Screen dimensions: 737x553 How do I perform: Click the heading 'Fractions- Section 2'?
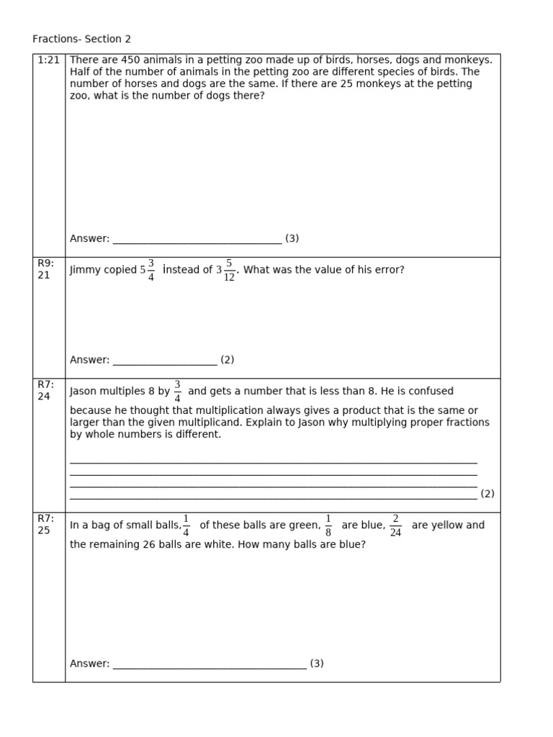coord(81,39)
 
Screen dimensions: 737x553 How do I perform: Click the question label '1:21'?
coord(48,60)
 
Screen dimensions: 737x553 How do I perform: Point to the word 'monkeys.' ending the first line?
coord(472,60)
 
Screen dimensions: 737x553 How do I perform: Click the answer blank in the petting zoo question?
coord(197,239)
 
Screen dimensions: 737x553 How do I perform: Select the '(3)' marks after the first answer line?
coord(292,238)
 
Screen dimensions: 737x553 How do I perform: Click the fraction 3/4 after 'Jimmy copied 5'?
coord(150,270)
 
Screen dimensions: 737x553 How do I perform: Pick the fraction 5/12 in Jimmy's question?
coord(229,271)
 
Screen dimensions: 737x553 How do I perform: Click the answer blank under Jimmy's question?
coord(165,361)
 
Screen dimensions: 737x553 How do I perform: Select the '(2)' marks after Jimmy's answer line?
coord(227,360)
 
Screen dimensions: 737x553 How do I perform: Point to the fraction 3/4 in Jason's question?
coord(177,392)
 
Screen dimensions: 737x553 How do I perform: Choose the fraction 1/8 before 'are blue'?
coord(328,525)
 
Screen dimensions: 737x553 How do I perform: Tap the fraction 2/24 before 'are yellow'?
coord(395,525)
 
